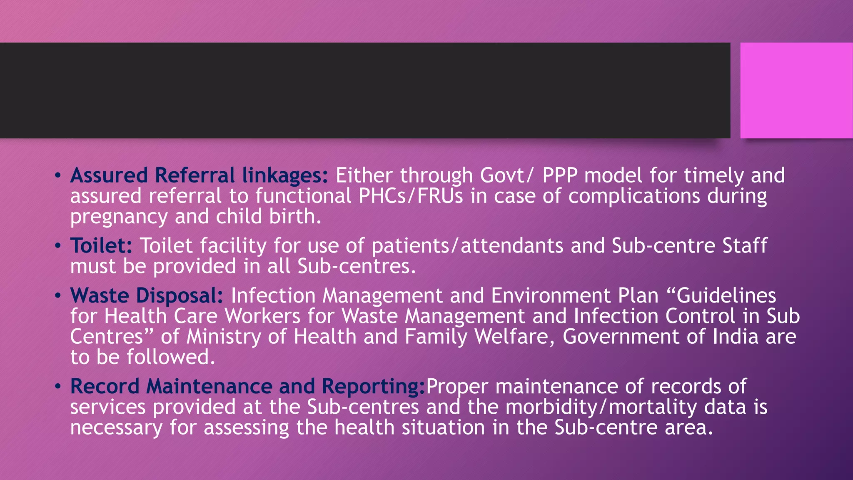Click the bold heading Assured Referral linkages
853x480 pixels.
tap(199, 175)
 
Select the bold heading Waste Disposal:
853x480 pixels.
tap(147, 296)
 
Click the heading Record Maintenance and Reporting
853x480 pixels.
tap(247, 386)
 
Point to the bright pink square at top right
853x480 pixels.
tap(796, 90)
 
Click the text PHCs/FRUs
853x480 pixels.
tap(411, 196)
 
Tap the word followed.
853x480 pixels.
tap(171, 357)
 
